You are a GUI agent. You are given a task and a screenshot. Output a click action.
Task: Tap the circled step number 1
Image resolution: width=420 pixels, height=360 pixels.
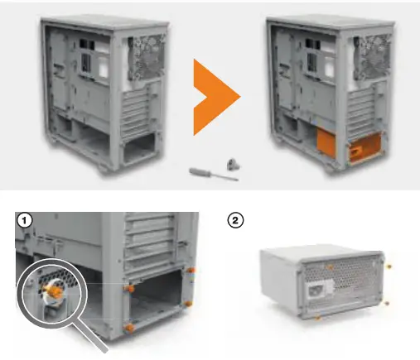pyautogui.click(x=26, y=221)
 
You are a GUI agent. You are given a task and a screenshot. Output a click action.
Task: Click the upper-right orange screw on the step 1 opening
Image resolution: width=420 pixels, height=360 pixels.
pyautogui.click(x=192, y=269)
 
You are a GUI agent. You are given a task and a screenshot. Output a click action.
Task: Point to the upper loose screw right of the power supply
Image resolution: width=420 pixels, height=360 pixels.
pyautogui.click(x=389, y=266)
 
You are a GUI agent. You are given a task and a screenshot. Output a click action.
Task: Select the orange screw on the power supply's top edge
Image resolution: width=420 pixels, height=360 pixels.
pyautogui.click(x=330, y=267)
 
